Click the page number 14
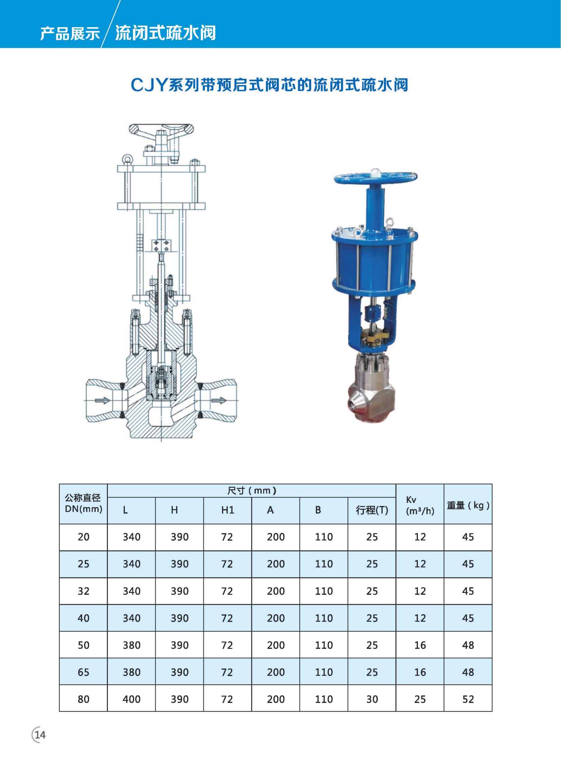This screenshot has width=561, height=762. click(x=40, y=735)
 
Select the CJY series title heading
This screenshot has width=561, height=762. click(x=269, y=85)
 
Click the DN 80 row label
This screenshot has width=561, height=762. click(x=83, y=699)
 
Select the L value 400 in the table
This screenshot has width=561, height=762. click(x=131, y=699)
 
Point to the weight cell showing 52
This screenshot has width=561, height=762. click(x=468, y=699)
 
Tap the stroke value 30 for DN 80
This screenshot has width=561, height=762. click(x=372, y=699)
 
